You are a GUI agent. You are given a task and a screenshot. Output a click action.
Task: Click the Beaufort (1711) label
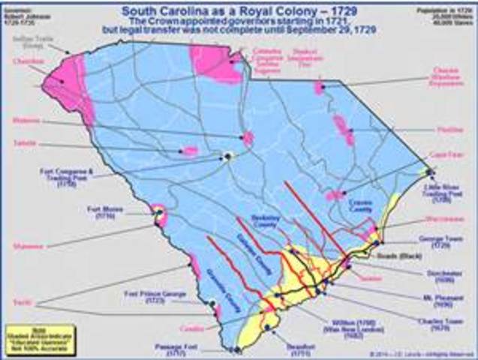(287, 348)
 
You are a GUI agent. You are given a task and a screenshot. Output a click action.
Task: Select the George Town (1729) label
(438, 245)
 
